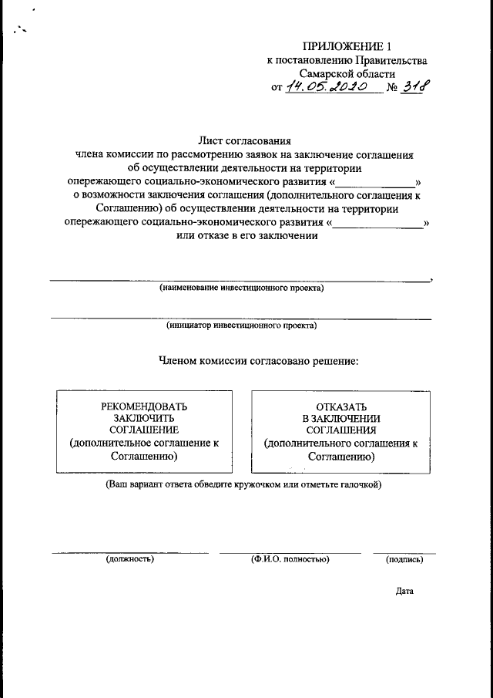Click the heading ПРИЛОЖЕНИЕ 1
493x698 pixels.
[340, 47]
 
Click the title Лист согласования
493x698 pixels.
[246, 141]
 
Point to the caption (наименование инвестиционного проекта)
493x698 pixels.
[242, 288]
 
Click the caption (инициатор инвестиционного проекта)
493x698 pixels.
[242, 325]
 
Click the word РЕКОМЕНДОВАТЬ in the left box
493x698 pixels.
[144, 406]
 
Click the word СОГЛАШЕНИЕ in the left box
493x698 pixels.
[144, 430]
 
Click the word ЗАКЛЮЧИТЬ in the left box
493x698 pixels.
[144, 418]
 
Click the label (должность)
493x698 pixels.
[130, 559]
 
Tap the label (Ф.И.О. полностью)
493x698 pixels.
[290, 559]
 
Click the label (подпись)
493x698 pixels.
[404, 559]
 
